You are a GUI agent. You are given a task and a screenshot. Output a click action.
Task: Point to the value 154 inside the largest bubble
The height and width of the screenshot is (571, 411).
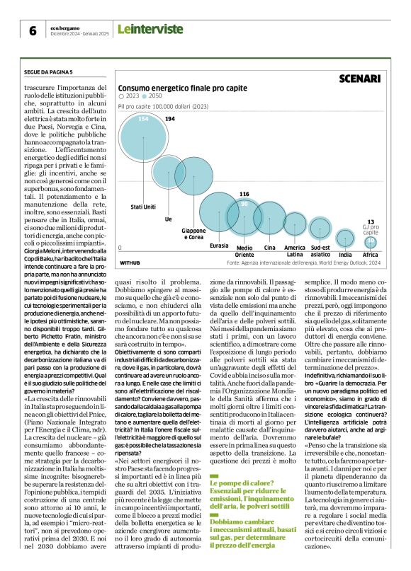pos(143,119)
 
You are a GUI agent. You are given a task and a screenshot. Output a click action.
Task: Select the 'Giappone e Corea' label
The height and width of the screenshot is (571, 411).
pos(194,234)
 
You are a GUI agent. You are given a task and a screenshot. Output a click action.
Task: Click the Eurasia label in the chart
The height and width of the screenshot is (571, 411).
pos(219,245)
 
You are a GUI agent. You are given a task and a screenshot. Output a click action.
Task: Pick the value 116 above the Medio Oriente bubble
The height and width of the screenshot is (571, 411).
pos(244,194)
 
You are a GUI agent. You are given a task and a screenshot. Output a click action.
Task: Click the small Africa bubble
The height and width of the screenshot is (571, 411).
pos(371,241)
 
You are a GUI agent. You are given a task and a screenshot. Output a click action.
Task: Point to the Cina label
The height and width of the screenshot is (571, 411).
pos(270,248)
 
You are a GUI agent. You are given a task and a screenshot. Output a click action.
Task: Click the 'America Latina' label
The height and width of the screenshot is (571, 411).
pos(295,250)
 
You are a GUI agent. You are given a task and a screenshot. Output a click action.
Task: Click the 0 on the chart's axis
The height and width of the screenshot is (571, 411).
pos(120,248)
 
